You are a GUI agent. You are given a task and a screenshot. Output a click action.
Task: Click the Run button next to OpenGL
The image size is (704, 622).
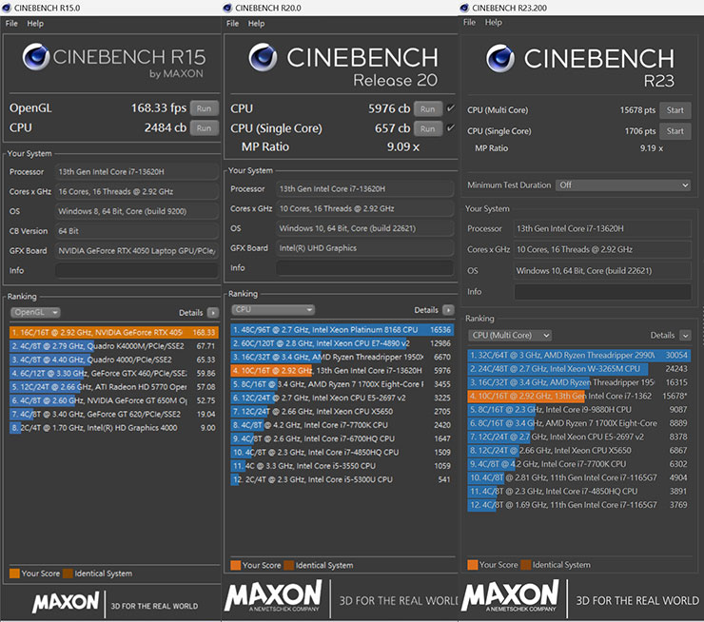click(x=204, y=108)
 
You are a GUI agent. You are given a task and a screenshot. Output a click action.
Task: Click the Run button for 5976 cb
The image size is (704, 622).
click(x=428, y=108)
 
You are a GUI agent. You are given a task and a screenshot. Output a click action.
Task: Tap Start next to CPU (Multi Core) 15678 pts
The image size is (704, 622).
click(x=675, y=110)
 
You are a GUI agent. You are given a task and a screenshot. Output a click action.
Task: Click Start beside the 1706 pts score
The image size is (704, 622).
click(x=675, y=132)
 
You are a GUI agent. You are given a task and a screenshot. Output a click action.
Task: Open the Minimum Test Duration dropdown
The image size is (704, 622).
click(x=624, y=185)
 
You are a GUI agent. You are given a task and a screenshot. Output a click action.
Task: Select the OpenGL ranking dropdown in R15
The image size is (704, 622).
click(x=35, y=312)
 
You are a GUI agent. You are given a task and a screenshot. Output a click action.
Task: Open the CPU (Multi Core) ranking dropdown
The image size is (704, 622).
click(x=510, y=335)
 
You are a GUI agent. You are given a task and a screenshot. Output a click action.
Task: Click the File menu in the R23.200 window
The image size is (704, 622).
click(x=469, y=22)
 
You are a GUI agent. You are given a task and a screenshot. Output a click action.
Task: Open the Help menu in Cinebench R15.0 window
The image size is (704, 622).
click(x=35, y=23)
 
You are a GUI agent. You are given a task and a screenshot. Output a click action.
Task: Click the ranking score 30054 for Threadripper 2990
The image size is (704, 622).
click(x=676, y=354)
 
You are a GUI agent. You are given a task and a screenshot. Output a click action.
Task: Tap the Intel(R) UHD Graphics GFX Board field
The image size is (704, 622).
click(x=362, y=248)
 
